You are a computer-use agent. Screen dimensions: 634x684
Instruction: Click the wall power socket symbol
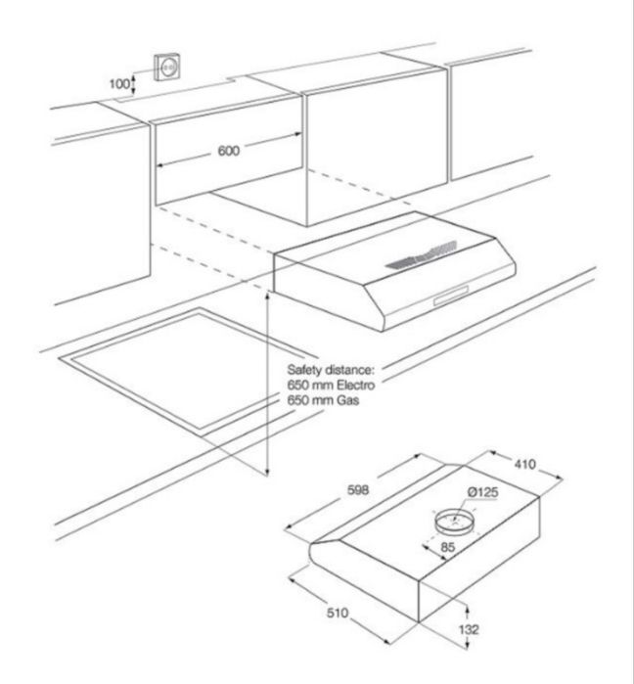[x=167, y=67]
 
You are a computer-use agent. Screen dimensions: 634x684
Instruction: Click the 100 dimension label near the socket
[x=119, y=83]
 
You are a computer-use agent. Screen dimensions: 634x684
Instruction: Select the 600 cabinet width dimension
[x=229, y=151]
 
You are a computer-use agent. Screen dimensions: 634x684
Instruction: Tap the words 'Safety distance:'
[x=331, y=370]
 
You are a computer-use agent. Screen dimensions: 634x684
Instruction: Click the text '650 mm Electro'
[x=331, y=386]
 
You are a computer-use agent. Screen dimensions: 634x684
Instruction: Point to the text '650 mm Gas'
[x=323, y=400]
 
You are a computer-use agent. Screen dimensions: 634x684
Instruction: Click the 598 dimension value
[x=358, y=490]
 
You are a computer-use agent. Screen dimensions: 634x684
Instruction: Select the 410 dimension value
[x=524, y=464]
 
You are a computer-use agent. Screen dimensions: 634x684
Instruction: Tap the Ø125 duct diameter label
[x=482, y=492]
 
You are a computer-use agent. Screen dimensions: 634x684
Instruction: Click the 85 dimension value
[x=448, y=547]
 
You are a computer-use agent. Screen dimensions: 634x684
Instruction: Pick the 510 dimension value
[x=338, y=613]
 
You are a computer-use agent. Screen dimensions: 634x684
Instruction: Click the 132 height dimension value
[x=469, y=629]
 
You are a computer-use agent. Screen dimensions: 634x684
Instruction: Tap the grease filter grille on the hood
[x=422, y=254]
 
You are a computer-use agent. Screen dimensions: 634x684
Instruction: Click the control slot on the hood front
[x=451, y=295]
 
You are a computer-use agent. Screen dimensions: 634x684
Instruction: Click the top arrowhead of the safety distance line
[x=267, y=296]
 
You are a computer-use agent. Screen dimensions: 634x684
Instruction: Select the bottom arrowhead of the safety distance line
[x=267, y=473]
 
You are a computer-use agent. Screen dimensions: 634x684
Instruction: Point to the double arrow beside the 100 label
[x=134, y=84]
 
